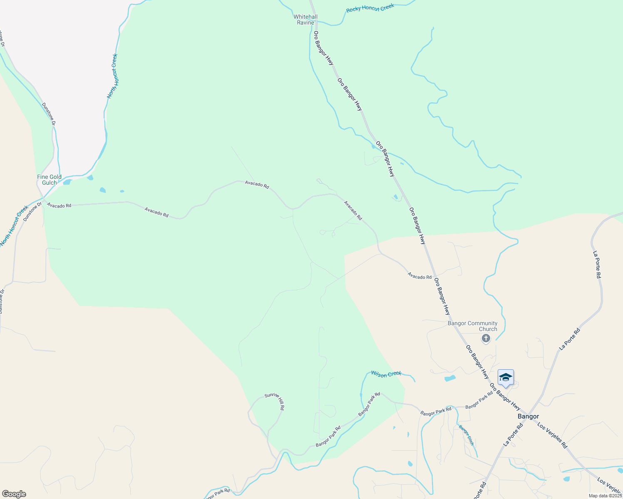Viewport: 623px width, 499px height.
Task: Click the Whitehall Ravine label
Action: pos(305,20)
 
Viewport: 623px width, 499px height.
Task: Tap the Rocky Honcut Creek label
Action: pos(370,8)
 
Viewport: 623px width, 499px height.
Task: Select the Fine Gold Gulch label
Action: pos(49,180)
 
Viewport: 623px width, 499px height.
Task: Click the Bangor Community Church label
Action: pos(472,326)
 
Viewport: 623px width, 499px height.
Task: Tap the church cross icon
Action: pos(486,338)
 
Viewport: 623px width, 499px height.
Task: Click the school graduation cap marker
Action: pos(506,378)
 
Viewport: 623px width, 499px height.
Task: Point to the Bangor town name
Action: pos(528,416)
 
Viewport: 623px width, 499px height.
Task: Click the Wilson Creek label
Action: pos(386,374)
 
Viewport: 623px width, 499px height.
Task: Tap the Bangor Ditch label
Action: pos(466,435)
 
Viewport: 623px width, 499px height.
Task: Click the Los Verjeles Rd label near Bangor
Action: pos(552,435)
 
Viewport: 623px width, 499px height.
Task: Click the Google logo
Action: pos(14,494)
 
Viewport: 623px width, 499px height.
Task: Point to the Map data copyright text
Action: pos(605,496)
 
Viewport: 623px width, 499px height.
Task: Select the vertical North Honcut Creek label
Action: pos(112,76)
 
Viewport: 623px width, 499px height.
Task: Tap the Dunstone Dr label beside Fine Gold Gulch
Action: pos(33,211)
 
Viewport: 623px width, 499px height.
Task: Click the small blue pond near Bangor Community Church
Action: pos(450,378)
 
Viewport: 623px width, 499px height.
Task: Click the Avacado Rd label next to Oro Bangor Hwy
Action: pos(419,276)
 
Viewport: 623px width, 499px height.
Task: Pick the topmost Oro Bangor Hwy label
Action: pos(324,48)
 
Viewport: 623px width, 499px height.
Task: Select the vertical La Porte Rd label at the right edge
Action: pos(597,264)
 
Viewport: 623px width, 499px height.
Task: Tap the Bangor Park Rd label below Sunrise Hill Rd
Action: pos(328,436)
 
